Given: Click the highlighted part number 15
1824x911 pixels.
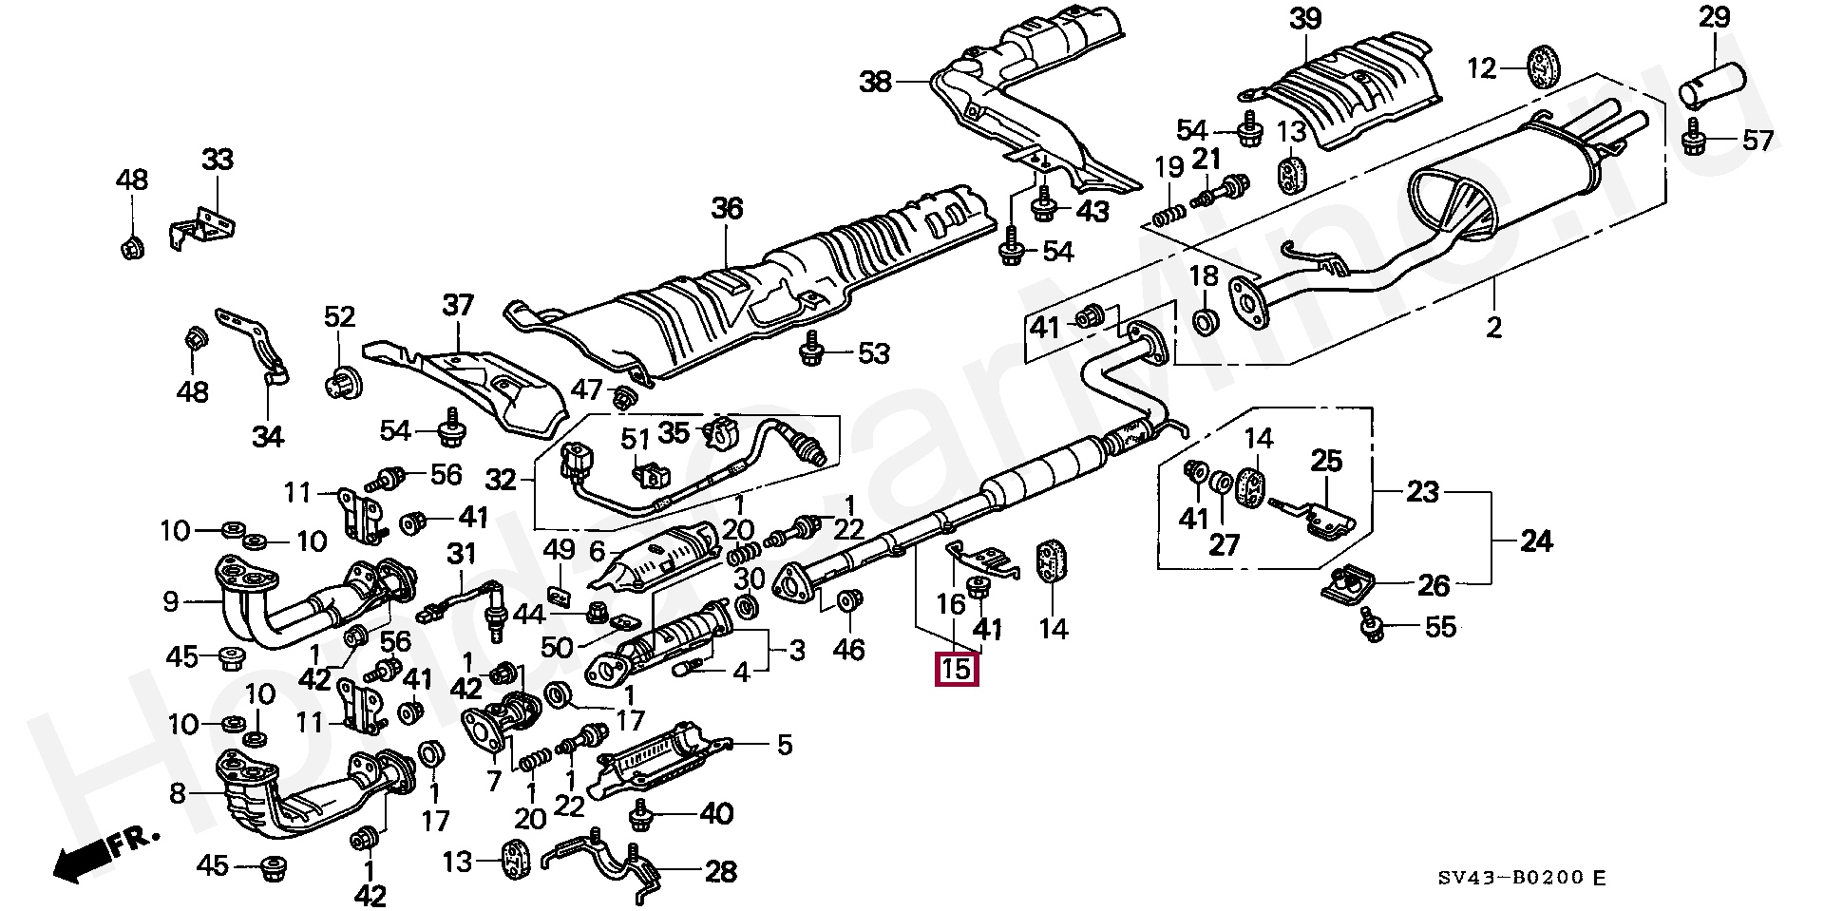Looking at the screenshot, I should point(956,669).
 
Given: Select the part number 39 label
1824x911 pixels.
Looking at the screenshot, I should point(1305,18).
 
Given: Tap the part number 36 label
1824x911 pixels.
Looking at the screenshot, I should point(727,208).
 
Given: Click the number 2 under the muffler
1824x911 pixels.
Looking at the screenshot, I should point(1493,328).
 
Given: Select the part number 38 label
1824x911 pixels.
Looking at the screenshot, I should point(875,83).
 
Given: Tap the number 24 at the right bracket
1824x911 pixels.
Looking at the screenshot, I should point(1535,541).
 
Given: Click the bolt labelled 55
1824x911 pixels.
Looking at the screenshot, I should point(1371,623).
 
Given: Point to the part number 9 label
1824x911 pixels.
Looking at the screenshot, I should point(171,600).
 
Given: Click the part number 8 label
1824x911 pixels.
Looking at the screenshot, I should point(178,792).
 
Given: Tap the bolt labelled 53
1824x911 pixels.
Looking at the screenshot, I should point(812,353).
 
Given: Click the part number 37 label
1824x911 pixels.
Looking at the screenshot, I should point(458,306).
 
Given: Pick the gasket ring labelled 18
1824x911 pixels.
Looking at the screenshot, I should point(1205,320).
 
